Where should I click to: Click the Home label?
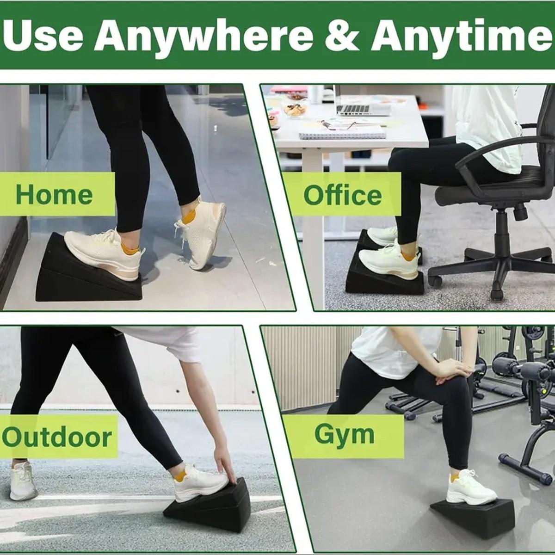[54, 194]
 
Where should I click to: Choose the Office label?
[342, 195]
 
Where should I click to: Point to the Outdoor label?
[56, 437]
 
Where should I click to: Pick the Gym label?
[344, 434]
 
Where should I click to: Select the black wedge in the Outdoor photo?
[213, 509]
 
